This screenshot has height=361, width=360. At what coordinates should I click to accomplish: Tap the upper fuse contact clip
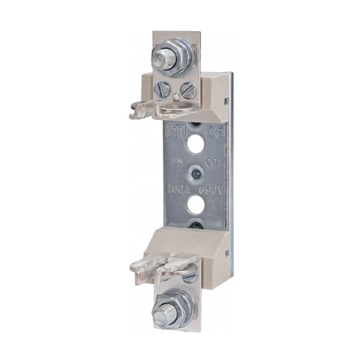click(x=151, y=106)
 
